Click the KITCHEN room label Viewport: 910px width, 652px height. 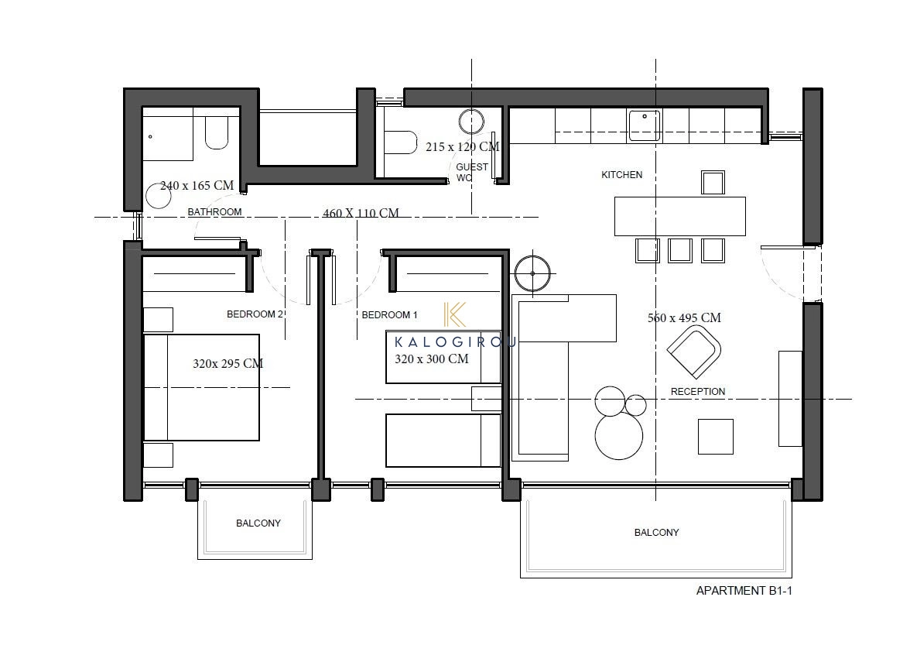click(621, 175)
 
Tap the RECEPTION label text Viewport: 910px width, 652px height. click(698, 392)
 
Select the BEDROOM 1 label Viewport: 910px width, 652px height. click(389, 315)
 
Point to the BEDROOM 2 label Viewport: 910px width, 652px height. click(255, 314)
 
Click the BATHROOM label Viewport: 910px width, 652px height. click(215, 212)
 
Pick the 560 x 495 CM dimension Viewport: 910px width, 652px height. click(684, 318)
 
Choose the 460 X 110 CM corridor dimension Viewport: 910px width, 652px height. click(361, 213)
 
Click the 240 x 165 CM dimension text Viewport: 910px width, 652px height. click(197, 186)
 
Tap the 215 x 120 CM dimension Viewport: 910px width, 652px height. click(462, 147)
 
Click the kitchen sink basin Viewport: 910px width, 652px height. click(644, 125)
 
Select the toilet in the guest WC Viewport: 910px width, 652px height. click(400, 142)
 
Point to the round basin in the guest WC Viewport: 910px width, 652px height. click(471, 122)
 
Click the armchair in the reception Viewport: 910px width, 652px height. click(694, 352)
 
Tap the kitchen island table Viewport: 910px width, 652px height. click(680, 217)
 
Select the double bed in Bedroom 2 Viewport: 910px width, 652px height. click(201, 387)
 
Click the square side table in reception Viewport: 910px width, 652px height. click(716, 437)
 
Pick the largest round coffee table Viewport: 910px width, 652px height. click(619, 436)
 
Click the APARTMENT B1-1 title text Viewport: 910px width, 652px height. click(744, 591)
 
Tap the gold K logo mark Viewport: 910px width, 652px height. click(454, 314)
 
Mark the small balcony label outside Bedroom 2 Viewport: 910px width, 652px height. click(258, 523)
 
